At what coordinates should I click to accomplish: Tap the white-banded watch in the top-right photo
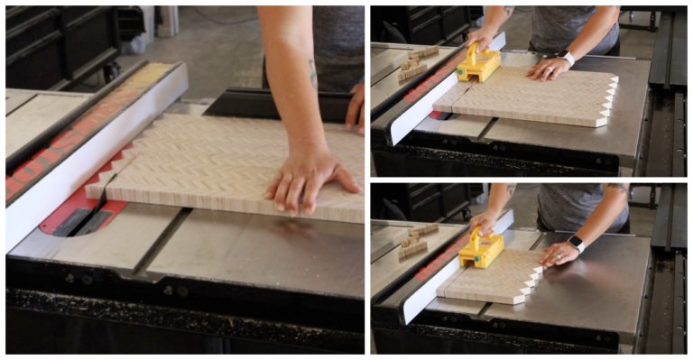click(567, 60)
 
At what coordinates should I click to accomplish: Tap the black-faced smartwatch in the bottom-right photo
click(577, 243)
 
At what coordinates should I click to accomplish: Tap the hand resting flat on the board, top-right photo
click(548, 69)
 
